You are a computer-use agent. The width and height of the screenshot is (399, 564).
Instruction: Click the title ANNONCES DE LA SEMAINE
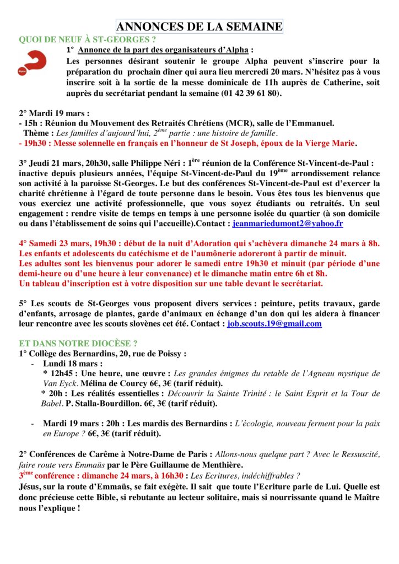click(199, 26)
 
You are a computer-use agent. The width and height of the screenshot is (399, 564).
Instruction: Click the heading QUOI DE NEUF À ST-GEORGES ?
click(87, 39)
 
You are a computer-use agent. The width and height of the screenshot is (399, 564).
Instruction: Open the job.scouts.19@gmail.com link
click(274, 323)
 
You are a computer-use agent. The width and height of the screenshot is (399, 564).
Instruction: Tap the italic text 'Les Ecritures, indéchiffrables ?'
click(245, 475)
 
